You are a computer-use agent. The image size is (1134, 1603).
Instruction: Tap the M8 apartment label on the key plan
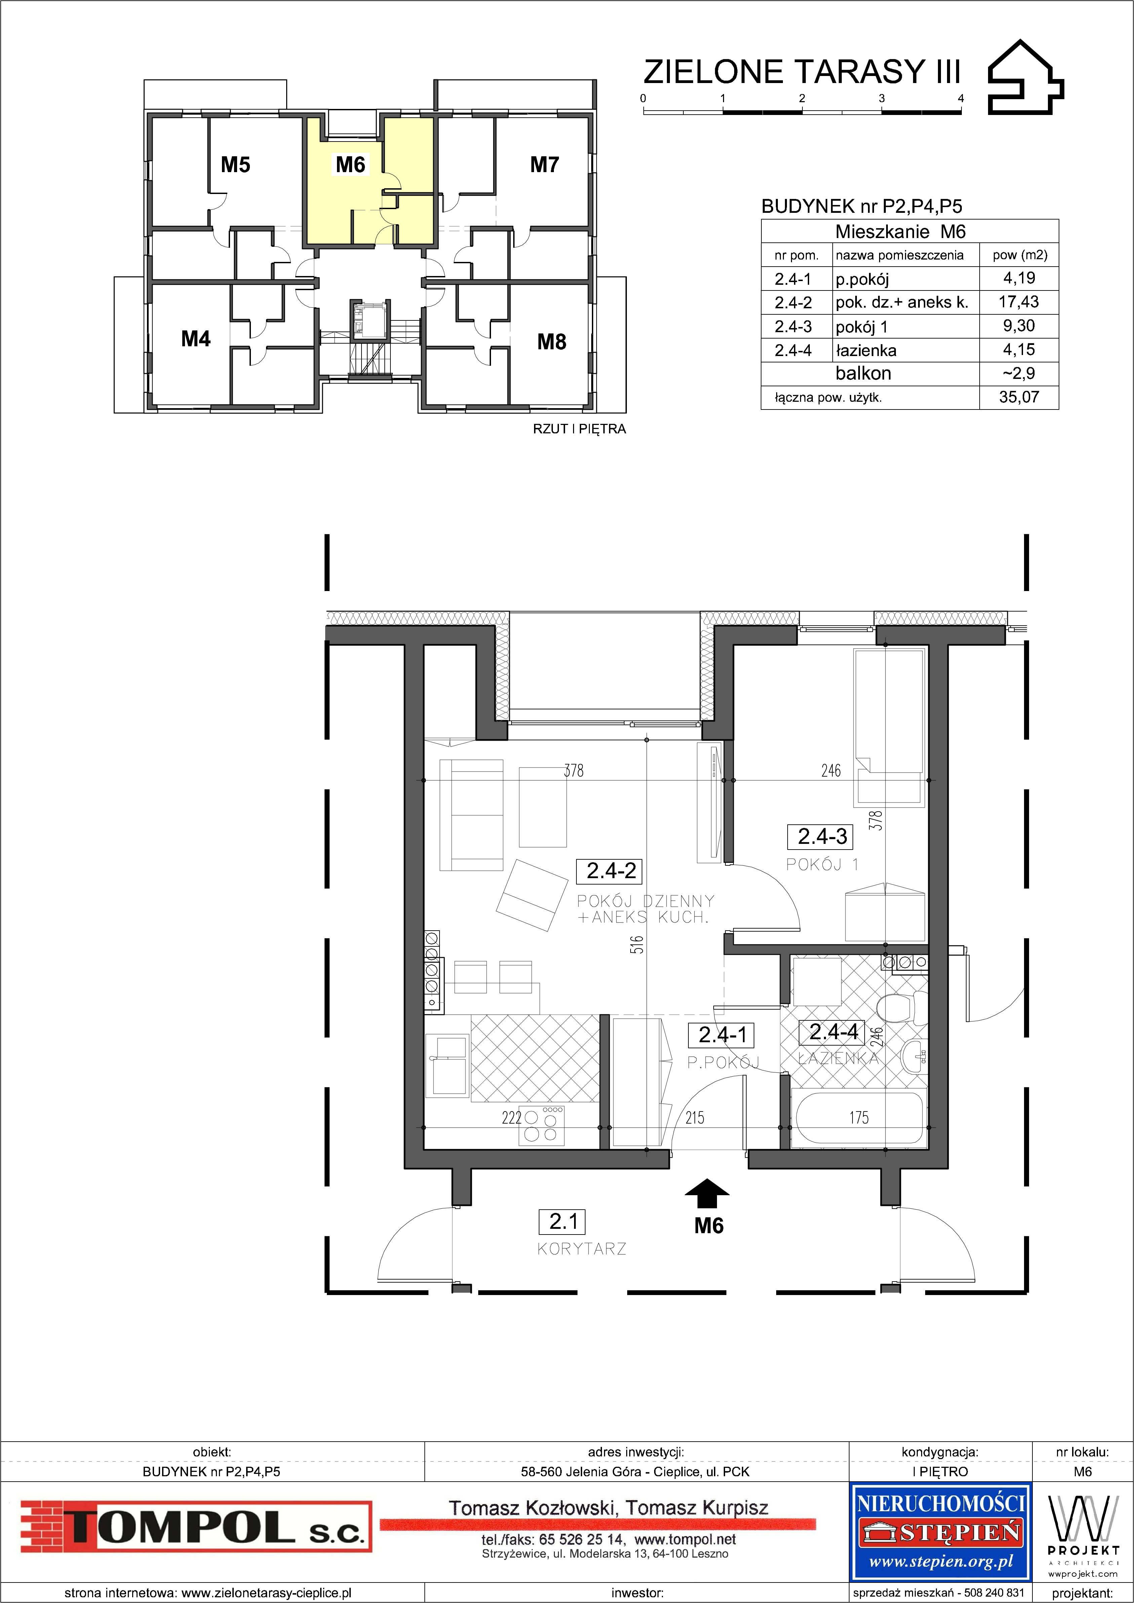(x=552, y=342)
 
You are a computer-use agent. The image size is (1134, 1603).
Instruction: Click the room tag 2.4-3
(x=823, y=836)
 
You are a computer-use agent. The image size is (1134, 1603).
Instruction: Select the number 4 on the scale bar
(x=961, y=99)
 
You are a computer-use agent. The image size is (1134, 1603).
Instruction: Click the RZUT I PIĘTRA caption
(x=579, y=429)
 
